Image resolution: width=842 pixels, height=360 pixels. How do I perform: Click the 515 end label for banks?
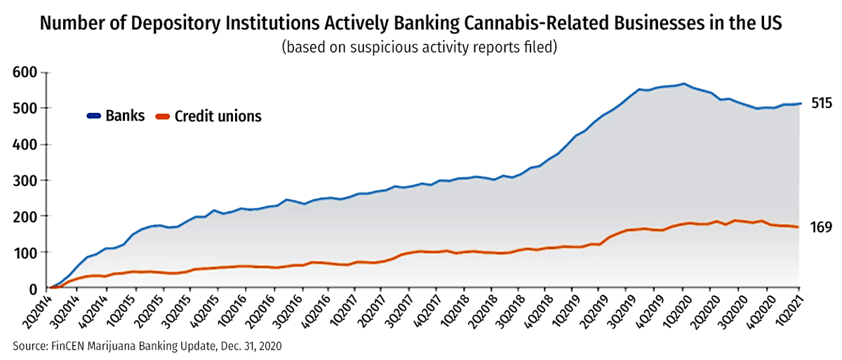[822, 104]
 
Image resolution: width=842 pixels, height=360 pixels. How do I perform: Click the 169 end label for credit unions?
[821, 227]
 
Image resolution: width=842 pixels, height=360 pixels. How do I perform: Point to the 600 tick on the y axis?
[25, 72]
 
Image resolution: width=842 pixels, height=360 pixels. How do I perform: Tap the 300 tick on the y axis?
[25, 180]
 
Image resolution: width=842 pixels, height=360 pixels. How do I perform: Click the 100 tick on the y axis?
[25, 252]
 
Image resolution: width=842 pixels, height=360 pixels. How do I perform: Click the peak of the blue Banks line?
[684, 84]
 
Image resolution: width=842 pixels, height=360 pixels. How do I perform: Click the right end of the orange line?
[799, 227]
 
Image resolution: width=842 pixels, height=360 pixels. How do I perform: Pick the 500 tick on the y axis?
[25, 108]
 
